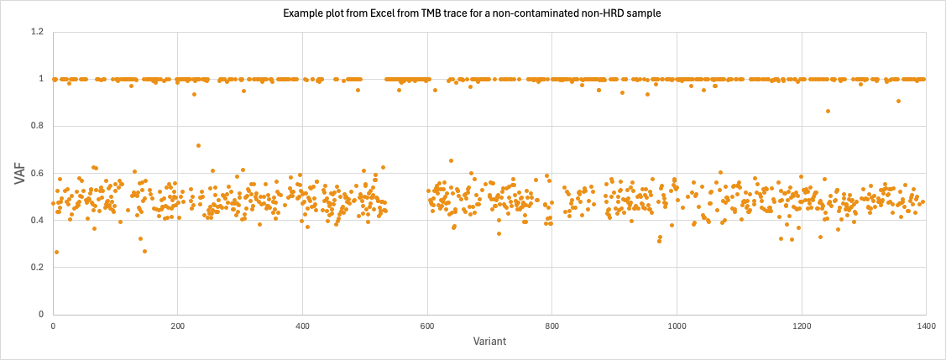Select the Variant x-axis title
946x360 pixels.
[x=489, y=341]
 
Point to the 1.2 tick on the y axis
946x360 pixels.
[x=37, y=32]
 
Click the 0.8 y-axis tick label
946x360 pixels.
[x=37, y=126]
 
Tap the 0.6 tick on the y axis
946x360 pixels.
[x=37, y=174]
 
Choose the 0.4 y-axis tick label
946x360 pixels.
[x=37, y=221]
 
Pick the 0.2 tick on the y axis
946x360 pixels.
[x=37, y=268]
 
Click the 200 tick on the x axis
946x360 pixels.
[x=177, y=325]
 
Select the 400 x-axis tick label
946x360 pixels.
[x=302, y=325]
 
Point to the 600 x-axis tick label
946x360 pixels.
[x=427, y=325]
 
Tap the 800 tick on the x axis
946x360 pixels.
[x=551, y=325]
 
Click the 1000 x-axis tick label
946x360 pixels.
[x=677, y=325]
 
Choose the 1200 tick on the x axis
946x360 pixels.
[x=802, y=325]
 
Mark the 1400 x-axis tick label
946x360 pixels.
[x=926, y=325]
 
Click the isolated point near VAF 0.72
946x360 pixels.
[x=198, y=145]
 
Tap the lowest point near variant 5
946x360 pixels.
[x=56, y=252]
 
